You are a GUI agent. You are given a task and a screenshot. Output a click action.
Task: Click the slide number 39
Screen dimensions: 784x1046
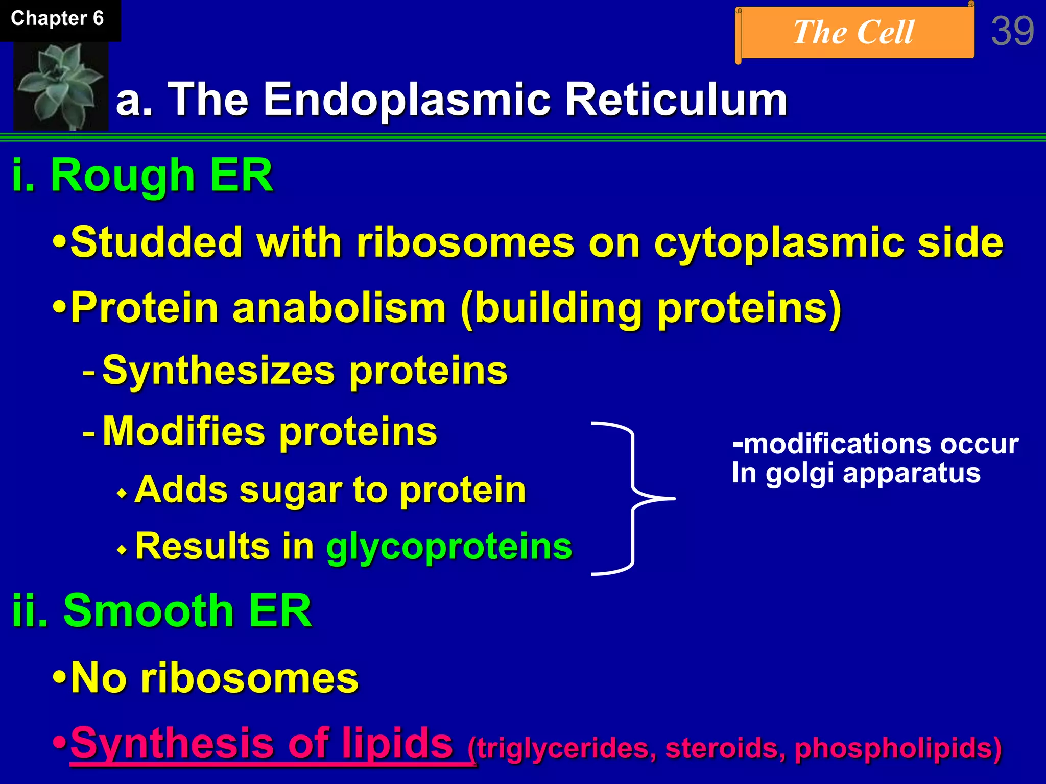1012,32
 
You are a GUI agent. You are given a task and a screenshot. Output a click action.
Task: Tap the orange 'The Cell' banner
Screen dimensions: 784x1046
854,33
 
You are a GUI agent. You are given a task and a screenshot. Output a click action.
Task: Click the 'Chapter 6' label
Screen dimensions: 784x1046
57,19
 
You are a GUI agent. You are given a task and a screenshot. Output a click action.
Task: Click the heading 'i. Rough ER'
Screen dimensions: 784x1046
142,176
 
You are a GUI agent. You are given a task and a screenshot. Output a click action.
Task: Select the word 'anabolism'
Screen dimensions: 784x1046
339,308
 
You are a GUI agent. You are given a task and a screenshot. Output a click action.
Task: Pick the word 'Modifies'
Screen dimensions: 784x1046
184,432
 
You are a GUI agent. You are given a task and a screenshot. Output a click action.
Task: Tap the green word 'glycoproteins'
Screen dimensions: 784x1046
449,547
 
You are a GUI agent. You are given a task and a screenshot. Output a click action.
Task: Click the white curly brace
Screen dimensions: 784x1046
633,498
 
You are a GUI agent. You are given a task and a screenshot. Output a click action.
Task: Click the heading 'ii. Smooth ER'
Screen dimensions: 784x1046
162,611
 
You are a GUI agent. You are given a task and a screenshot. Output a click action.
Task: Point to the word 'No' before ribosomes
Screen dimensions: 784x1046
98,678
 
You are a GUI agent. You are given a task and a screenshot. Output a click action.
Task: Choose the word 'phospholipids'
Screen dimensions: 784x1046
897,749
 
